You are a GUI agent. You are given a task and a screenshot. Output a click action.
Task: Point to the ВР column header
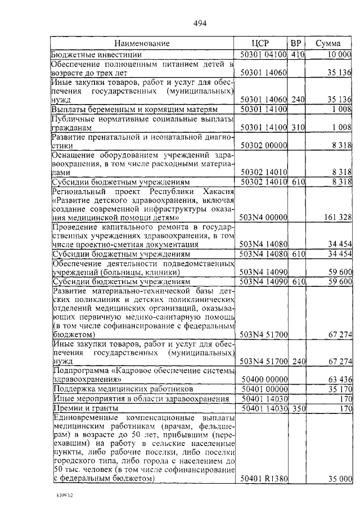click(x=297, y=43)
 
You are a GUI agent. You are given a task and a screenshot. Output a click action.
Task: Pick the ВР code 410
click(x=298, y=55)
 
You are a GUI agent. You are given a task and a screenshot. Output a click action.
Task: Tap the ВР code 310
click(x=298, y=128)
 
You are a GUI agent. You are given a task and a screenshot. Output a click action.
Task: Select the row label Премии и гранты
click(x=85, y=408)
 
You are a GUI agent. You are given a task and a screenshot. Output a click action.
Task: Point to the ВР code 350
click(x=298, y=408)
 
